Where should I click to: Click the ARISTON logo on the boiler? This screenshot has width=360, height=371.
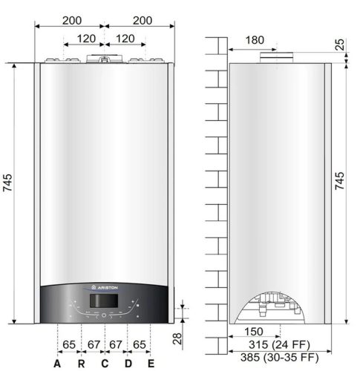pos(104,287)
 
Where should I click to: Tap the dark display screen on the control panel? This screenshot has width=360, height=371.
pos(104,301)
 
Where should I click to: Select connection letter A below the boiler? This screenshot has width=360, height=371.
pos(57,364)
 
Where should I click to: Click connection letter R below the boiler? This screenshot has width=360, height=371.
pos(82,364)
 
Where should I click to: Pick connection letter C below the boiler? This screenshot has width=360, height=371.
pos(105,364)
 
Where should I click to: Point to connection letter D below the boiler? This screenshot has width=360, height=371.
pos(128,364)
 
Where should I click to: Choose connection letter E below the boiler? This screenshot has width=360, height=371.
pos(151,364)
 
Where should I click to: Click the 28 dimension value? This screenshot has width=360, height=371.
pos(177,338)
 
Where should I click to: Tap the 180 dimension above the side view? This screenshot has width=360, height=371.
pos(255,40)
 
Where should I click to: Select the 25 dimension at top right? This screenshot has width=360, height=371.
pos(341,45)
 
